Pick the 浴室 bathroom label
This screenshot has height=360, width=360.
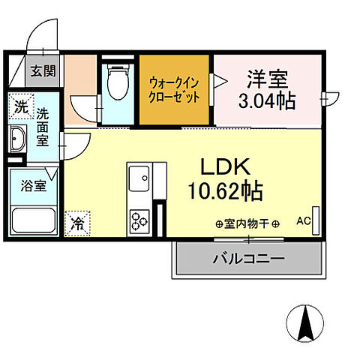[x=33, y=185]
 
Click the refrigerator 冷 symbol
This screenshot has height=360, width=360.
[x=78, y=223]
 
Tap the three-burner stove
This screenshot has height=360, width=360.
[x=139, y=220]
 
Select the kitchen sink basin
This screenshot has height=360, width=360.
[x=139, y=181]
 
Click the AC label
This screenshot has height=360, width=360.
[x=304, y=220]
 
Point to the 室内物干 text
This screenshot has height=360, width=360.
[x=247, y=223]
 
